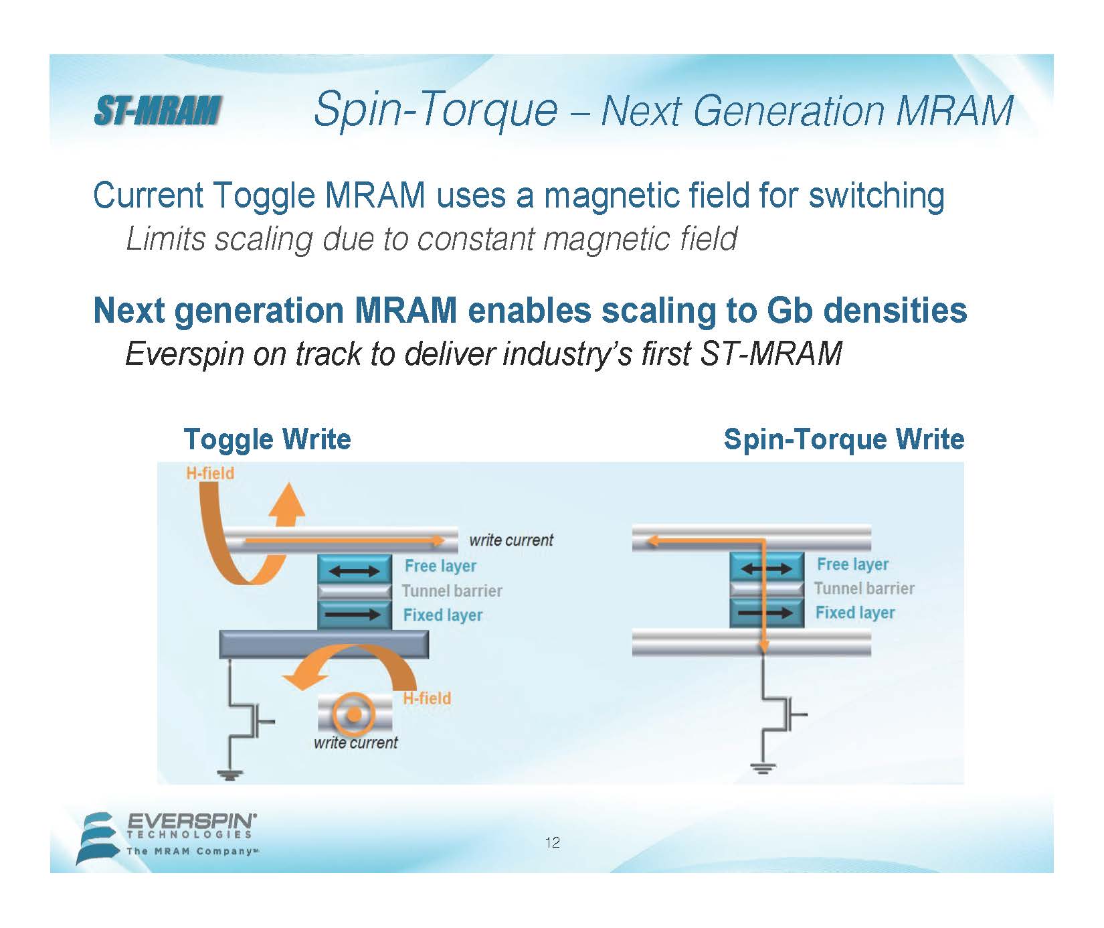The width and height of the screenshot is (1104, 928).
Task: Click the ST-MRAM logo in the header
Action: tap(157, 110)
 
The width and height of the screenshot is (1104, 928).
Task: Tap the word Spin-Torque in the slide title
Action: tap(436, 110)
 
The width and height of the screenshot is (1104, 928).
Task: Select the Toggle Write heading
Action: tap(267, 439)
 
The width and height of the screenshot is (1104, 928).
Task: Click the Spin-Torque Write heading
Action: tap(844, 439)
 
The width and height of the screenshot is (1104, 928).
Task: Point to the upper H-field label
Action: tap(210, 473)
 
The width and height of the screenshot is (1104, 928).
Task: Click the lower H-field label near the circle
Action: tap(427, 698)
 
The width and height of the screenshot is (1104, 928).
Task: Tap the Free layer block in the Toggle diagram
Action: tap(355, 570)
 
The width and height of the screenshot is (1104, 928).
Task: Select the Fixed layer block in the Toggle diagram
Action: tap(355, 614)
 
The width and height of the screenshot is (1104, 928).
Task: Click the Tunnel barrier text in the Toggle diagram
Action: tap(452, 591)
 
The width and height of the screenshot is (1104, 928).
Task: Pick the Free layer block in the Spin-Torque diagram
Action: tap(767, 567)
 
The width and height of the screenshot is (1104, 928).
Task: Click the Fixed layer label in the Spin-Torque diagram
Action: tap(855, 613)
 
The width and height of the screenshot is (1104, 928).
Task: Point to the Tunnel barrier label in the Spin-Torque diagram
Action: tap(864, 589)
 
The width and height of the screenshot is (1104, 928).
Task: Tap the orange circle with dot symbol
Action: tap(355, 715)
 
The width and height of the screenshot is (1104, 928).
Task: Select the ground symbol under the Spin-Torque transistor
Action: tap(761, 768)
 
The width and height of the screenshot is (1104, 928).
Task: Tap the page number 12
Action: tap(553, 842)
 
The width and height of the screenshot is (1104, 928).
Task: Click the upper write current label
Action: tap(511, 540)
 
